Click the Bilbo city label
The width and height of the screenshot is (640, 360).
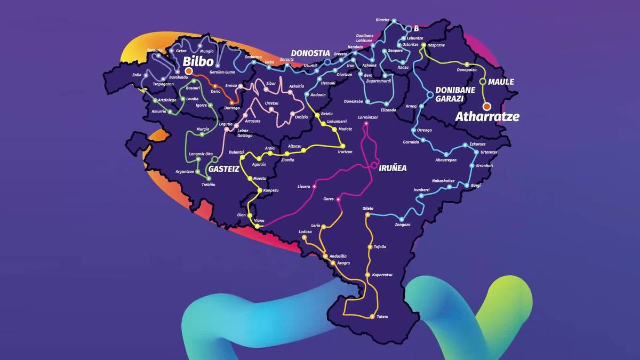tap(198, 60)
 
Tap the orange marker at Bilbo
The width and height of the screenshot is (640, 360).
tap(189, 70)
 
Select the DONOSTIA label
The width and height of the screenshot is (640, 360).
tap(310, 53)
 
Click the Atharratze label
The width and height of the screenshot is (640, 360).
tap(487, 116)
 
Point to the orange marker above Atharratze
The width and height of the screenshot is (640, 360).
tap(487, 107)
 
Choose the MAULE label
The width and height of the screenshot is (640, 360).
tap(501, 82)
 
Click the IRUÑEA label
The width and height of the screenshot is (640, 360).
tap(393, 168)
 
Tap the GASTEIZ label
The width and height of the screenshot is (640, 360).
tap(223, 168)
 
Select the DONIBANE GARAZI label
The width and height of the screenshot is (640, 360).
tap(455, 94)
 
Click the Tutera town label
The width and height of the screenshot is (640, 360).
tap(382, 317)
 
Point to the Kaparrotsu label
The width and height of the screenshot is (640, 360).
tap(382, 274)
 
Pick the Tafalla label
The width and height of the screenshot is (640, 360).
tap(380, 246)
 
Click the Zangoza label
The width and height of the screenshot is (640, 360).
tap(403, 225)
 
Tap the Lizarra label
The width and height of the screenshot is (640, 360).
tap(303, 187)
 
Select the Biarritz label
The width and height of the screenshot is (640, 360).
tap(382, 20)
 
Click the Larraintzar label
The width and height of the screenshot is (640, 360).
tap(368, 117)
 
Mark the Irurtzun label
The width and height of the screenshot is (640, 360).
tap(346, 152)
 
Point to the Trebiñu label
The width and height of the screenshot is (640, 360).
tap(208, 184)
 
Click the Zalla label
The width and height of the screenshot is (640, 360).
tap(137, 75)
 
